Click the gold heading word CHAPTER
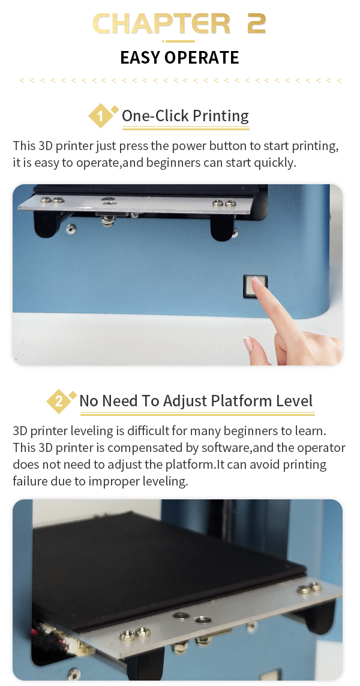point(161,24)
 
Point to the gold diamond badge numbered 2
point(59,401)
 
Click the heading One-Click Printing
point(185,116)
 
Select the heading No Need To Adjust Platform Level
point(196,401)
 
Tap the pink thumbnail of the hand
point(248,344)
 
